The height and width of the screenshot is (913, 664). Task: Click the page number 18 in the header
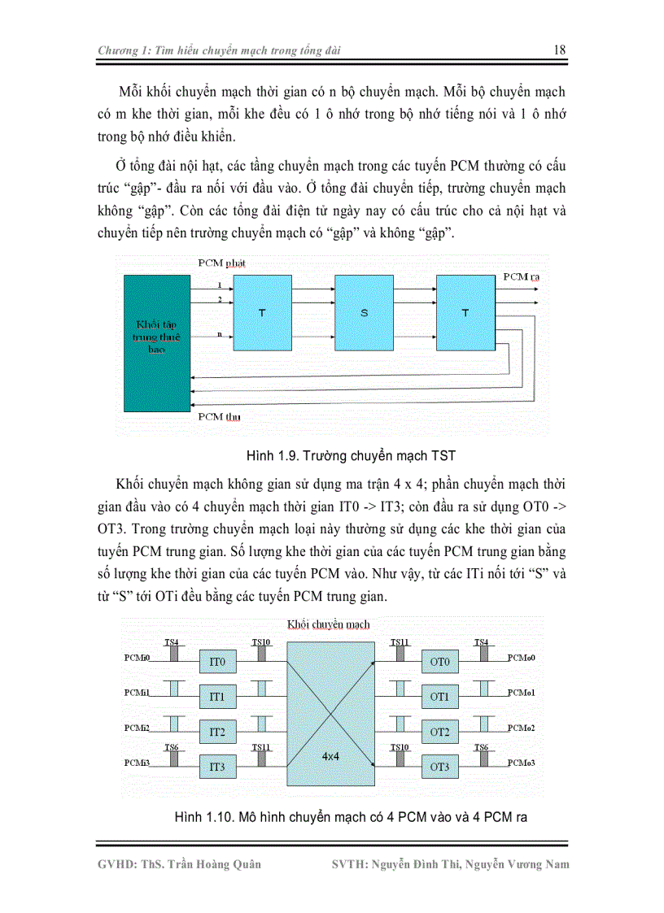click(x=559, y=50)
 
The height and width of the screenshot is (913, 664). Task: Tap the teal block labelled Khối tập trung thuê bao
click(x=156, y=342)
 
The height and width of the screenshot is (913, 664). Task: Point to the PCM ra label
click(x=522, y=277)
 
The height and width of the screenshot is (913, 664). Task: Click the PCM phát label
click(x=221, y=264)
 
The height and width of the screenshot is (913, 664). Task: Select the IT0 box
click(x=217, y=663)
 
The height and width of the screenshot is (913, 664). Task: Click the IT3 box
click(x=217, y=767)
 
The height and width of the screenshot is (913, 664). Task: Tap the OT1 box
click(x=439, y=697)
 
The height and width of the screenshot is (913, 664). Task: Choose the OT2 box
click(x=439, y=732)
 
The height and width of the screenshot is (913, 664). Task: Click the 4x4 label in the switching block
click(x=329, y=755)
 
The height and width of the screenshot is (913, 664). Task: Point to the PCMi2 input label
click(x=137, y=727)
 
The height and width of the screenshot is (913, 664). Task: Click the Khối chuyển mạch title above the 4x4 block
click(x=328, y=624)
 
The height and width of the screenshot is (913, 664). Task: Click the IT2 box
click(x=217, y=732)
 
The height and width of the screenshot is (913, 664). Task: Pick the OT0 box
click(x=439, y=663)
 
